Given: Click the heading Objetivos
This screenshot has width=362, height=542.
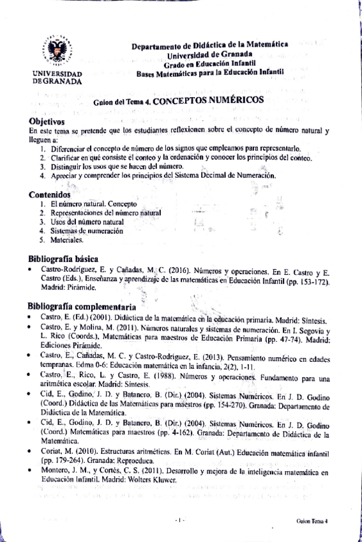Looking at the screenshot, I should coord(47,121).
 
